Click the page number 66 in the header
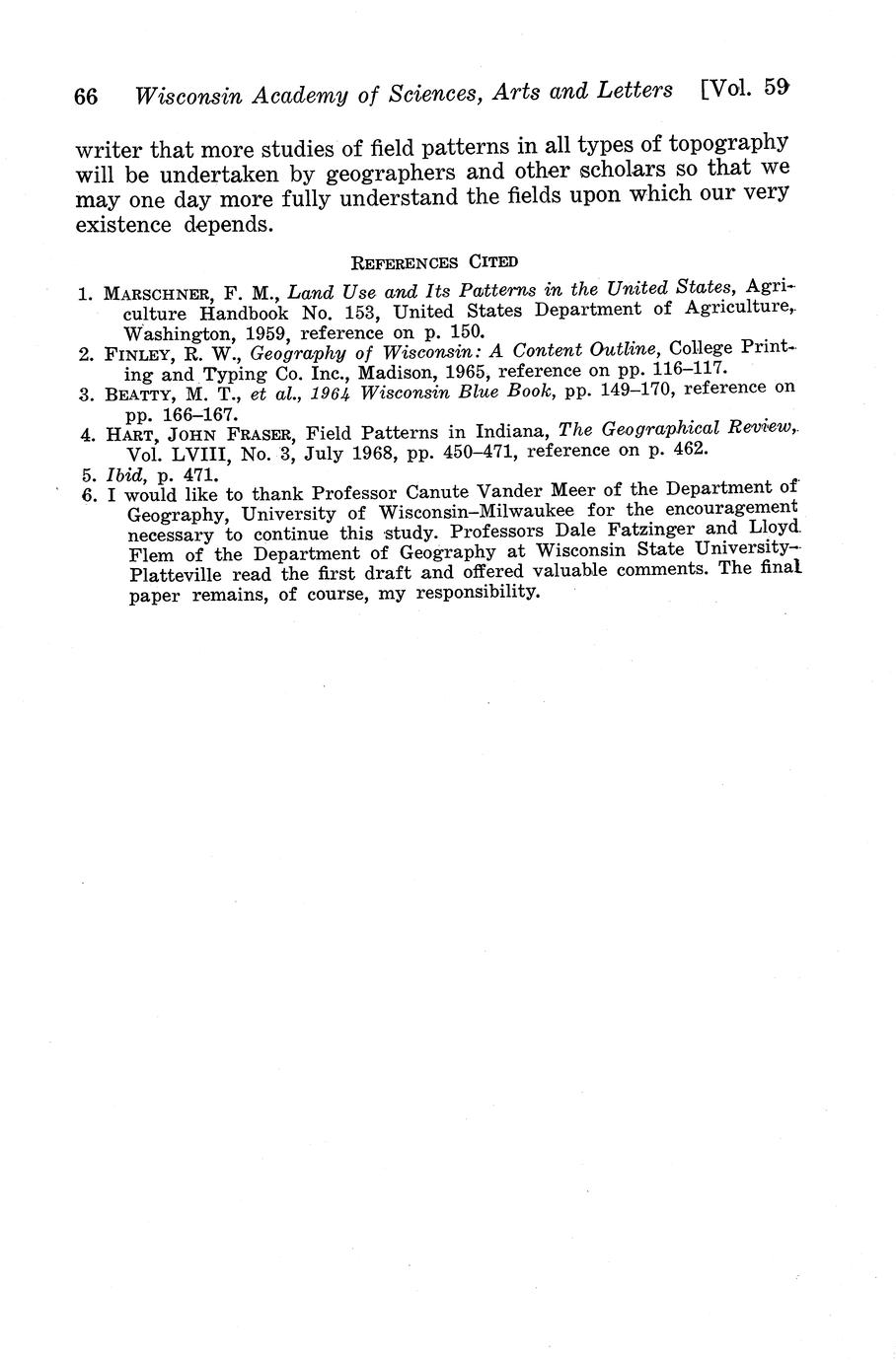[86, 97]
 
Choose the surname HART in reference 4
[123, 434]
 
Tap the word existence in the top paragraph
[125, 224]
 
